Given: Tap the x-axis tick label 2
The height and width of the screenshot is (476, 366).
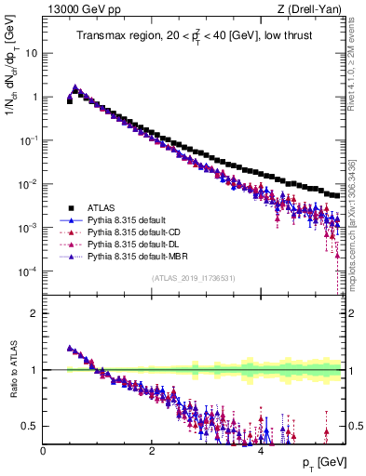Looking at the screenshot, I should [152, 450].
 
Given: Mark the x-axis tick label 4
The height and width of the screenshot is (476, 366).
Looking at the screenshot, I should [261, 450].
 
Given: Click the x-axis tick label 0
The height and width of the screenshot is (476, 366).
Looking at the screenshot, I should [43, 450].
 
